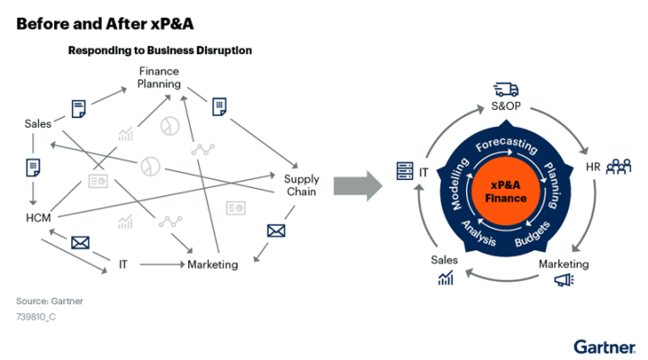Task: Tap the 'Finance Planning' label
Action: [x=159, y=77]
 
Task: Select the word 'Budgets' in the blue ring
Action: [x=532, y=236]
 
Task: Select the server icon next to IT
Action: [x=404, y=169]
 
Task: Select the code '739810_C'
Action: [x=37, y=317]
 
